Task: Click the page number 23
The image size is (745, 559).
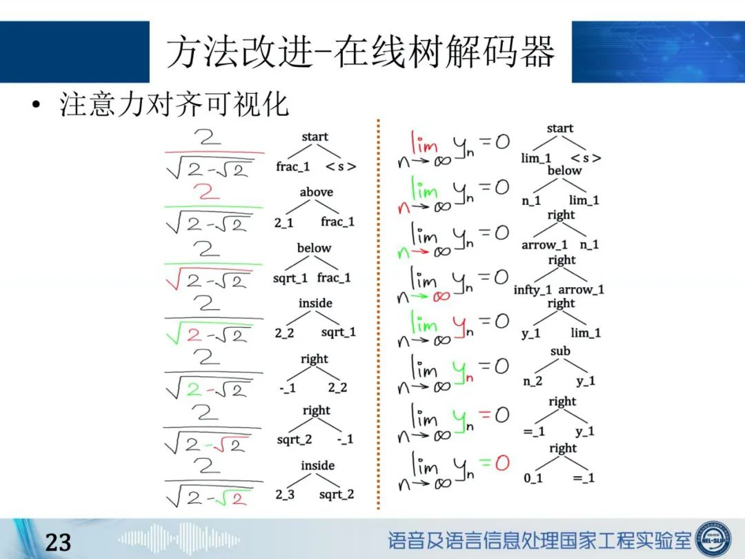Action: point(58,542)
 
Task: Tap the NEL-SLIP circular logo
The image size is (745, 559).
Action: point(714,538)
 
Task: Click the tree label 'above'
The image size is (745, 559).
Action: point(317,192)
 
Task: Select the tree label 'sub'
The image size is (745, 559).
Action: point(560,351)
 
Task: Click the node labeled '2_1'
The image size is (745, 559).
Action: point(284,222)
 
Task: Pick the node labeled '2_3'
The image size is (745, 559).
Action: point(285,494)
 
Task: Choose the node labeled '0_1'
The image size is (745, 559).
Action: point(533,478)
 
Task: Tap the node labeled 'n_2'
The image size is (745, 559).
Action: point(533,381)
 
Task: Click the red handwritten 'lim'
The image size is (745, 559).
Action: point(424,141)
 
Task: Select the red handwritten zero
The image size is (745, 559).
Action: point(502,462)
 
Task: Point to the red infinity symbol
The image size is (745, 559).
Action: point(441,296)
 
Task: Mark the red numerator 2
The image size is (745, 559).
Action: point(206,192)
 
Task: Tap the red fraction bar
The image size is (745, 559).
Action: point(215,152)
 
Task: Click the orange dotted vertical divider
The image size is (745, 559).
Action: point(378,314)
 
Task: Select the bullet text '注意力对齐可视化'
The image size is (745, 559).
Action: point(174,105)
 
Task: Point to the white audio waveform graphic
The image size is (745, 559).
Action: point(179,539)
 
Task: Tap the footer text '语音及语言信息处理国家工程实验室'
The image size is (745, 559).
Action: point(539,540)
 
